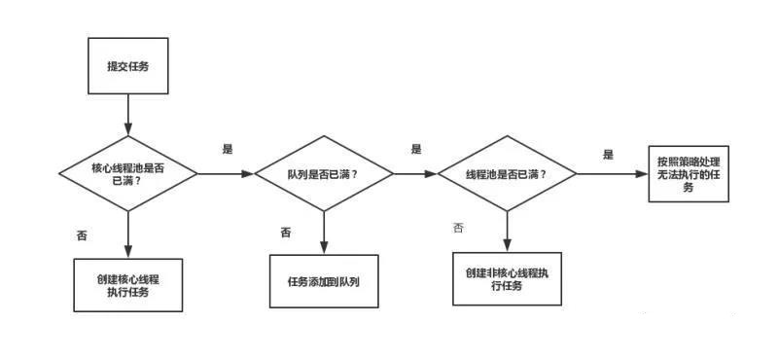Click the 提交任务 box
(x=127, y=67)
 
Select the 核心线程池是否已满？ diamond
(x=127, y=174)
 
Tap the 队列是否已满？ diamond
(x=324, y=174)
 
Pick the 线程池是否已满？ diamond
(x=506, y=174)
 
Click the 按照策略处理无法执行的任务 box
(x=689, y=173)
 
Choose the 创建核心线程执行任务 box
(x=127, y=284)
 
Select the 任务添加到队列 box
(x=324, y=282)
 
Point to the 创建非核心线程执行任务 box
(x=507, y=278)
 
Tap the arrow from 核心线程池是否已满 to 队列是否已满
(x=226, y=175)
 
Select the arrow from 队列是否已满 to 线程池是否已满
(x=415, y=175)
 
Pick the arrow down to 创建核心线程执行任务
(x=127, y=234)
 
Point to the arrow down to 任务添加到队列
(x=324, y=232)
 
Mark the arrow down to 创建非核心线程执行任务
(x=507, y=230)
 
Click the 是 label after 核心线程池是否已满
(x=229, y=149)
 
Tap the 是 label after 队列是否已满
(x=416, y=149)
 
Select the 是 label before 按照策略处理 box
(x=609, y=154)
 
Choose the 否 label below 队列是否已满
(x=286, y=232)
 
